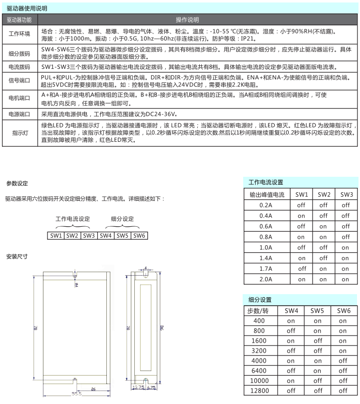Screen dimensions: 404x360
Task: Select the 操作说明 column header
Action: point(187,20)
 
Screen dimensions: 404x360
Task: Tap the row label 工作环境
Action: point(19,34)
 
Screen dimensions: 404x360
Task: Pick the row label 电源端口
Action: point(19,114)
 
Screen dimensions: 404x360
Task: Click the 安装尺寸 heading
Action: point(16,257)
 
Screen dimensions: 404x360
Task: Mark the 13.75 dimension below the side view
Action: point(138,387)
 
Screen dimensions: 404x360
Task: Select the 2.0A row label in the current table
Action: point(266,279)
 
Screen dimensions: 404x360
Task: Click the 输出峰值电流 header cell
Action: point(266,194)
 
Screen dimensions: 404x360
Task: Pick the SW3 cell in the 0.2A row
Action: point(346,205)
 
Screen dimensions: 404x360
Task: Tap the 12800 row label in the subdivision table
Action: point(259,391)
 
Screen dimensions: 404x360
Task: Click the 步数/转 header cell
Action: point(259,311)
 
